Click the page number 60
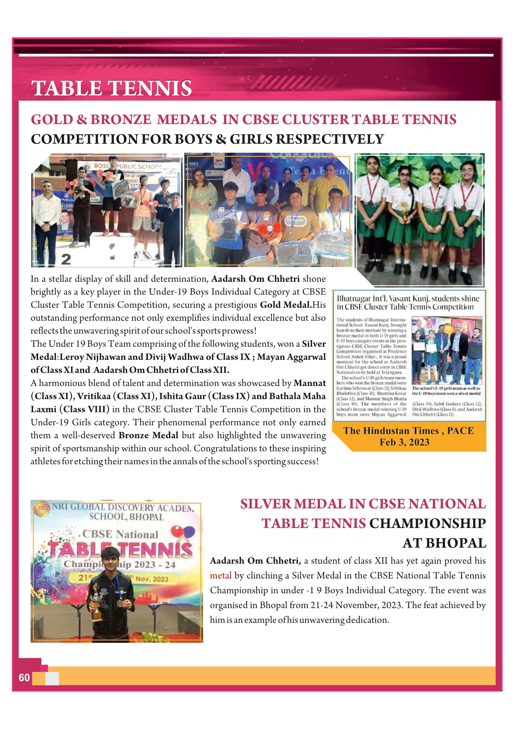tap(24, 677)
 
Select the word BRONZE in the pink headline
tap(120, 119)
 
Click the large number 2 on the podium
tap(66, 259)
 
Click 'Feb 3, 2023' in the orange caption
tap(404, 442)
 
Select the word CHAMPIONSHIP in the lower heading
tap(428, 524)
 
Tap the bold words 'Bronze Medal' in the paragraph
tap(148, 435)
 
